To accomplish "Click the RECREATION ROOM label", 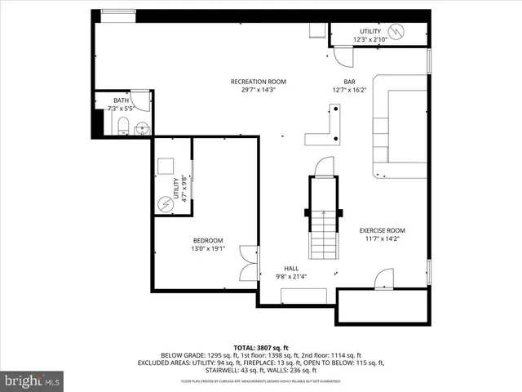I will pos(258,82).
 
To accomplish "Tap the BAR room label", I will pos(349,82).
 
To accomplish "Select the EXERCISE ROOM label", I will pos(383,230).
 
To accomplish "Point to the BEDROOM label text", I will pos(208,240).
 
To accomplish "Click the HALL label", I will pos(291,269).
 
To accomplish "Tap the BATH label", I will pos(121,100).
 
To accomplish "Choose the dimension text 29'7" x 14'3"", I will pos(258,90).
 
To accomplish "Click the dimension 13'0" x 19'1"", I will pos(208,248).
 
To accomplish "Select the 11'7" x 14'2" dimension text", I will pos(383,239).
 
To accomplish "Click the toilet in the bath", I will pos(121,125).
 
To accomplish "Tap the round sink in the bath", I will pos(142,127).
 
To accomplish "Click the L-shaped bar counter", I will pos(325,129).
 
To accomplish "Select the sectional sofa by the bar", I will pos(400,131).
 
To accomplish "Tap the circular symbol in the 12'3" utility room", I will pos(396,32).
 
